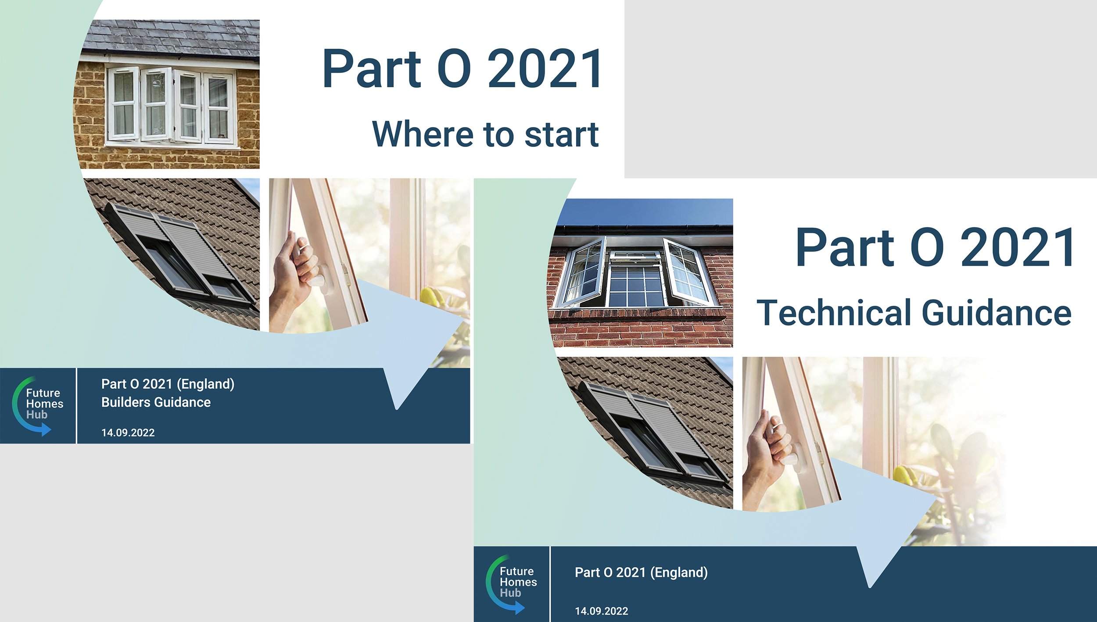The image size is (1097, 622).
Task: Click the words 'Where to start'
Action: tap(485, 134)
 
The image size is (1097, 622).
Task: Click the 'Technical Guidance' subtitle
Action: tap(914, 313)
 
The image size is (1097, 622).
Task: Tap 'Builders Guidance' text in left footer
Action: tap(156, 402)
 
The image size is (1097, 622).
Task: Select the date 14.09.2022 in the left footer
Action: tap(128, 433)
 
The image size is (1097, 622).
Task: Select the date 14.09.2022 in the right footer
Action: tap(601, 611)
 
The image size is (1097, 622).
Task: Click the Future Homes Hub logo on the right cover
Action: tap(511, 583)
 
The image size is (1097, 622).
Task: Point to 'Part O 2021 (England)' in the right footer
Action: tap(641, 572)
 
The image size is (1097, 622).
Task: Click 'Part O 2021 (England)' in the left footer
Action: tap(168, 384)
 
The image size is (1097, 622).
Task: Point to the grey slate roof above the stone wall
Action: tap(171, 37)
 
